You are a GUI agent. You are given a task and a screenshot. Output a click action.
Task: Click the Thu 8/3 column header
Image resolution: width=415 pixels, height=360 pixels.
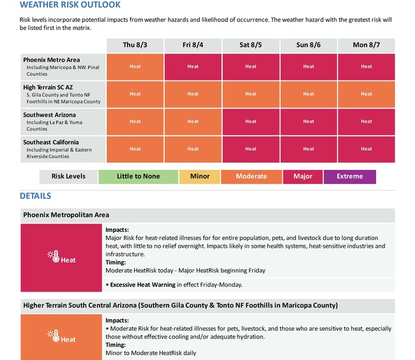coord(135,45)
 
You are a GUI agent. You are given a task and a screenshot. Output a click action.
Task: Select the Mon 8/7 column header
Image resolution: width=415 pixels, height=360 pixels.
coord(366,45)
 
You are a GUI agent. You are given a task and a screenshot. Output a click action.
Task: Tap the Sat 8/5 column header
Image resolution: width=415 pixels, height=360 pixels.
coord(251,45)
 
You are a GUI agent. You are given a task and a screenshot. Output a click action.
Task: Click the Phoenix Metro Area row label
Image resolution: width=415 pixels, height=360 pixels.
coord(63,67)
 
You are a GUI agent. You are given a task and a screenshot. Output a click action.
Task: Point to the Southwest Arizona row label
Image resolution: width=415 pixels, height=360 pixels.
coord(63,122)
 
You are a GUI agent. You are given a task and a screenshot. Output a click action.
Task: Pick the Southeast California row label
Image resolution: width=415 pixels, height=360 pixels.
coord(63,149)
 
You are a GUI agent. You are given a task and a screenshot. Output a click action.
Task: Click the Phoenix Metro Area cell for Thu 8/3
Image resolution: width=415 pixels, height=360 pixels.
coord(135,67)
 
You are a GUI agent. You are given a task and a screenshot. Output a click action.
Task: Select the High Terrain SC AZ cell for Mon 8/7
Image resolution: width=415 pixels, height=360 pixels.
coord(366,94)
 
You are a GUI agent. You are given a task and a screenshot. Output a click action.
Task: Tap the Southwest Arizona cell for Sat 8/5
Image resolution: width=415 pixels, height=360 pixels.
coord(251,122)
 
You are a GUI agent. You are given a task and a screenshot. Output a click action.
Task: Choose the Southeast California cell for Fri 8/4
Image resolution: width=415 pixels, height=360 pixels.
coord(193,149)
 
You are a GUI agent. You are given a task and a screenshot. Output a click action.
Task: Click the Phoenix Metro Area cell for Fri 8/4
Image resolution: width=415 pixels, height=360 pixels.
coord(193,67)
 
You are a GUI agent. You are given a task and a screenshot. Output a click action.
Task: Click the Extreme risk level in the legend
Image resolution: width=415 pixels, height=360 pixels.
coord(350,177)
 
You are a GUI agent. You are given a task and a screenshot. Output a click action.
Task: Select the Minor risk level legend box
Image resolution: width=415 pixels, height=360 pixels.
coord(200,177)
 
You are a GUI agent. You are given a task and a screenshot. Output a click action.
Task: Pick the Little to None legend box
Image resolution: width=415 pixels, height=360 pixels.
coord(138,177)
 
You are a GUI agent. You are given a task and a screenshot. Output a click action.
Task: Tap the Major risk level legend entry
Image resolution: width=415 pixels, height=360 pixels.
coord(303,177)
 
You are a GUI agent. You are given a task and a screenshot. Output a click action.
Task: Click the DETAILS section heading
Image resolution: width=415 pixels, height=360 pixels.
coord(36,196)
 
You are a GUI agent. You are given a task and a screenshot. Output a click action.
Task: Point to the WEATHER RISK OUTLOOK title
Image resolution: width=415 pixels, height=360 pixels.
coord(70,4)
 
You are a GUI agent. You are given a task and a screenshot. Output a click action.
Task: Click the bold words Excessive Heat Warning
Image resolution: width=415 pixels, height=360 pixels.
coord(142,285)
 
